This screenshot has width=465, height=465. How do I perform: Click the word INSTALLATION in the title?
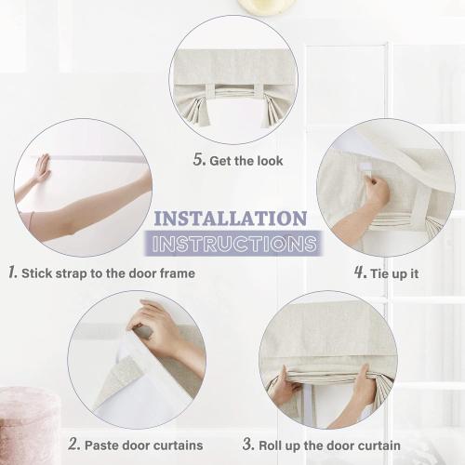pyautogui.click(x=231, y=219)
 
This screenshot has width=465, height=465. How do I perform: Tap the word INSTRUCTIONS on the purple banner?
pyautogui.click(x=234, y=244)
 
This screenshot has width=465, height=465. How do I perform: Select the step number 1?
pyautogui.click(x=12, y=272)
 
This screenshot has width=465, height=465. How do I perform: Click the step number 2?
pyautogui.click(x=74, y=444)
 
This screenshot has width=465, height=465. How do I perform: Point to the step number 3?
pyautogui.click(x=248, y=444)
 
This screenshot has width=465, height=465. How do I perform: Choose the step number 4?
pyautogui.click(x=361, y=272)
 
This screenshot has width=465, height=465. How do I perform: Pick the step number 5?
pyautogui.click(x=199, y=159)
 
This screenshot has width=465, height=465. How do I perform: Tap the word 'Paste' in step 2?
pyautogui.click(x=100, y=445)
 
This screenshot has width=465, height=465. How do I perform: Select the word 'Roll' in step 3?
pyautogui.click(x=270, y=445)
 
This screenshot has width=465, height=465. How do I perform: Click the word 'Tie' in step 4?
pyautogui.click(x=379, y=273)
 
